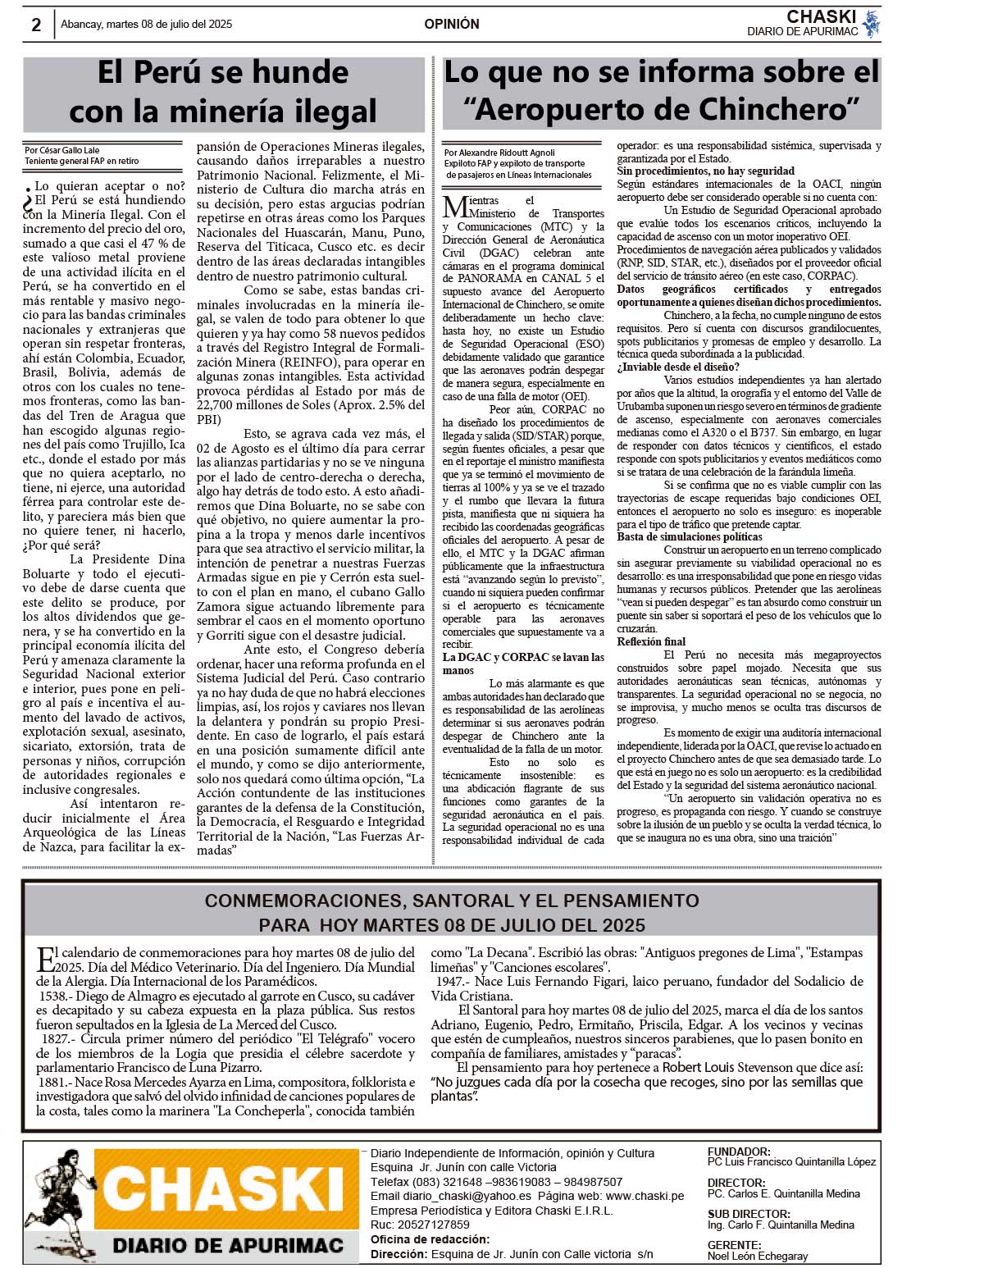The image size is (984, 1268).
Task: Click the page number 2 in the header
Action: coord(36,25)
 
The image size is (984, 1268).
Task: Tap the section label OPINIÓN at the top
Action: coord(452,25)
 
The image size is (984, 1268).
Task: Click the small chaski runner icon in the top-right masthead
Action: coord(871,24)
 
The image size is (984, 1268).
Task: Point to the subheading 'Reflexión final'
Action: coord(651,642)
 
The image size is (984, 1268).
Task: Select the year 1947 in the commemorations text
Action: coord(451,982)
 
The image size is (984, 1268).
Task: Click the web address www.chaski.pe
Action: coord(645,1196)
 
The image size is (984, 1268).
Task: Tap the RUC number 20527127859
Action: coord(431,1225)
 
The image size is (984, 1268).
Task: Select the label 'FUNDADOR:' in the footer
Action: coord(739,1152)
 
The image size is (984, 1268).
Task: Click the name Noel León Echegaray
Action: coord(758,1256)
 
